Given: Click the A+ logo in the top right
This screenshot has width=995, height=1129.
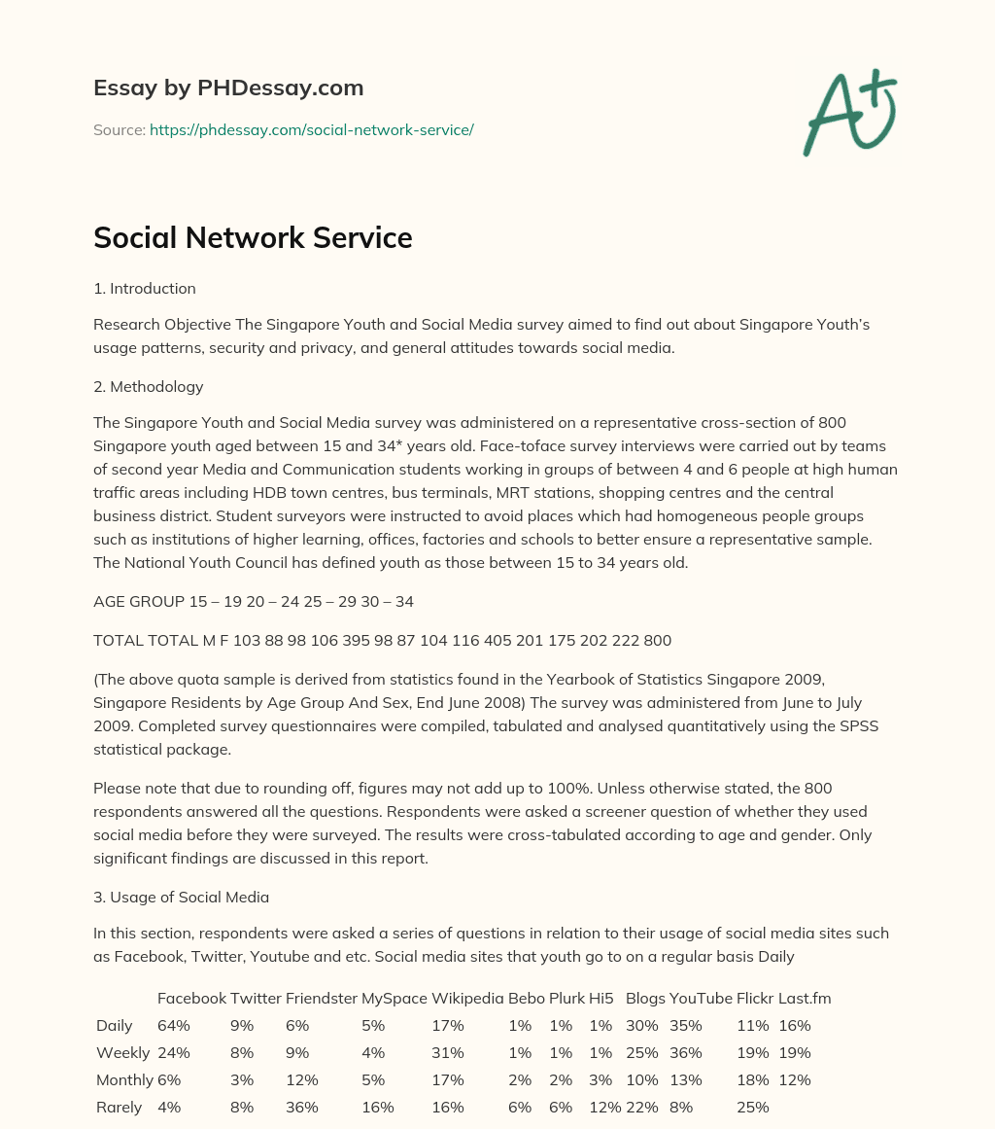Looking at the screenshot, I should coord(849,113).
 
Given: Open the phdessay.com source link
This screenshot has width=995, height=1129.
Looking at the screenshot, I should coord(311,129).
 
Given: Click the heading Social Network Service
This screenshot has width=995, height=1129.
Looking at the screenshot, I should coord(253,238).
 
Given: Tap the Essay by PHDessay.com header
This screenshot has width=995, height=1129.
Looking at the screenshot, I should coord(228,88).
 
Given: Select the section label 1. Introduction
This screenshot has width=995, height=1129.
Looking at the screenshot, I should coord(145,289).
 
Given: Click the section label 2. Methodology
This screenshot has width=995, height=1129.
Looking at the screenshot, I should coord(149,387).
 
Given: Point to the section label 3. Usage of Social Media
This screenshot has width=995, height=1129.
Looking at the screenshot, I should coord(181,897).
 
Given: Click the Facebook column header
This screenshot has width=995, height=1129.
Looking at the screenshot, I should coord(191,999).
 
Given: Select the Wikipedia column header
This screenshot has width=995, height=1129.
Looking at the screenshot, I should coord(467,999).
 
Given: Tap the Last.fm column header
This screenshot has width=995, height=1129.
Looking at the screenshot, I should coord(805,999).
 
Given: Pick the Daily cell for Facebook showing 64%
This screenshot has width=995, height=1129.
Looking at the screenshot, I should coord(174,1026).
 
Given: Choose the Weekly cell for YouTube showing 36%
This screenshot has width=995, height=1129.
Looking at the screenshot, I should coord(686,1053).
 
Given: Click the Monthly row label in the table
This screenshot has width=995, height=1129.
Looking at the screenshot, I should coord(124,1080).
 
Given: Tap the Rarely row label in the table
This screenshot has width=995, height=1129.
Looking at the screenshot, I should coord(119,1108).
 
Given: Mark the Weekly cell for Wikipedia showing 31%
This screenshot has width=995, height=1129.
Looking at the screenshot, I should coord(448,1053).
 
